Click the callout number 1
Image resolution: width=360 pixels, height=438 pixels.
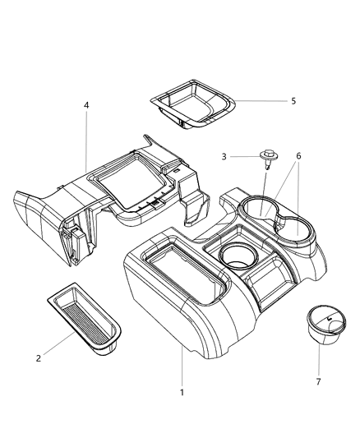[x=182, y=393]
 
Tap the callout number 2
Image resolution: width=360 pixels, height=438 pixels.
[x=39, y=358]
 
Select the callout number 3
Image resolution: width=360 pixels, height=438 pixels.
[x=224, y=157]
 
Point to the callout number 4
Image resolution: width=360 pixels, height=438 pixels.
[x=86, y=105]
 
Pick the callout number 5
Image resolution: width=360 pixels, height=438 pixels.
[x=293, y=101]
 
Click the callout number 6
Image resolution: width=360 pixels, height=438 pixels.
[x=298, y=156]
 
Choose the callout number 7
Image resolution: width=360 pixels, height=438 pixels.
[x=318, y=381]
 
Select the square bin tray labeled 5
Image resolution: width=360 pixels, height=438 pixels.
[x=192, y=104]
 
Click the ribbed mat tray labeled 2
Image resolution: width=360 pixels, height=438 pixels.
[x=84, y=320]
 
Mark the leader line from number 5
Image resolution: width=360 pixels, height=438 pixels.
[x=261, y=100]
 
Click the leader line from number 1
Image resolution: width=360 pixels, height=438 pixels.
[x=182, y=367]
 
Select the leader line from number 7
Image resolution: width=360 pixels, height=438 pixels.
[x=319, y=360]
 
